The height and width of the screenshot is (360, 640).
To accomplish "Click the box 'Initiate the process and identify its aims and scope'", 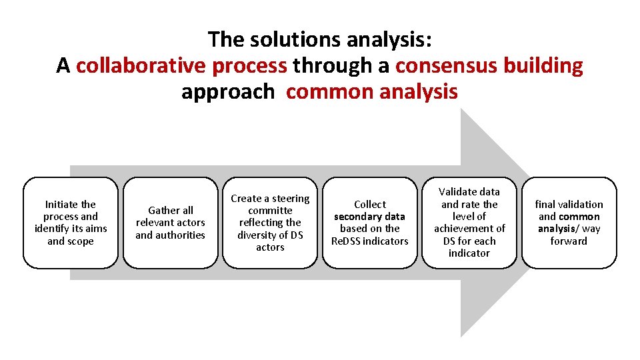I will tap(70, 223).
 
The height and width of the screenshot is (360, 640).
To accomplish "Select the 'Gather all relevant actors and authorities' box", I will tap(170, 223).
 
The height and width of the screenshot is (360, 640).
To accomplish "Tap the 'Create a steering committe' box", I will tap(270, 223).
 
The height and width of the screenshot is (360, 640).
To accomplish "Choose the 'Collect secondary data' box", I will tap(370, 223).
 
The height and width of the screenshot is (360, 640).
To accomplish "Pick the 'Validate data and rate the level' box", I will tap(469, 223).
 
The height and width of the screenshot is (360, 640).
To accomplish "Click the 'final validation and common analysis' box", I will tap(569, 223).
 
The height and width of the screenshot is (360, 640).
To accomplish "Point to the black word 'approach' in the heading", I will tap(227, 91).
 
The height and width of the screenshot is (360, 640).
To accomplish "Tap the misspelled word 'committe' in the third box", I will tap(270, 211).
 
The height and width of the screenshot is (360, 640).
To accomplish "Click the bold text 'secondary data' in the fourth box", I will tap(369, 217).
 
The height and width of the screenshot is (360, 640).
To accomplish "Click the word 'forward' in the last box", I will tap(569, 241).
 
